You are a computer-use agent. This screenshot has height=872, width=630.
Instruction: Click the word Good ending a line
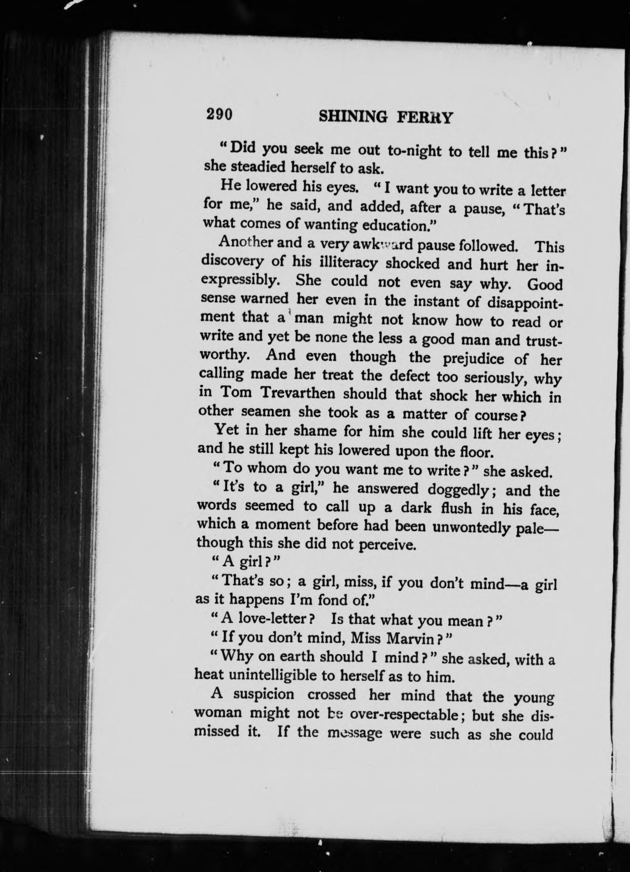click(545, 285)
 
